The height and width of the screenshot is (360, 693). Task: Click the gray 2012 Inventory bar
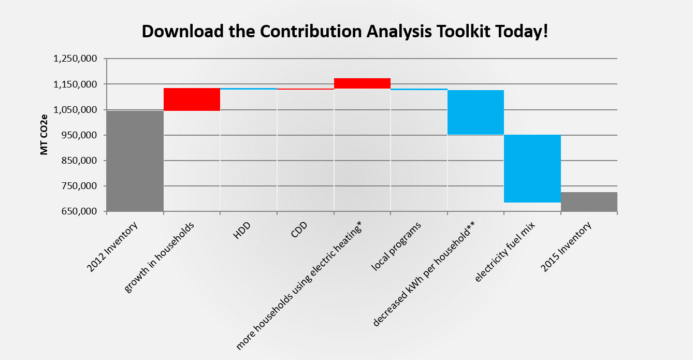[x=135, y=161]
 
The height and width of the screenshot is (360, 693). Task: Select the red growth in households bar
[x=192, y=99]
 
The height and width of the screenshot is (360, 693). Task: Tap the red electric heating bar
[x=362, y=83]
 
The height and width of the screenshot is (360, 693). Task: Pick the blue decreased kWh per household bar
[x=475, y=112]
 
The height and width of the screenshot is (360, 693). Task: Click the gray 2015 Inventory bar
[x=589, y=201]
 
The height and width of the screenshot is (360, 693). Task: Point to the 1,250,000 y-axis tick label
[x=75, y=59]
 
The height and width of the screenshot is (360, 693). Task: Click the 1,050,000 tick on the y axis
[x=75, y=110]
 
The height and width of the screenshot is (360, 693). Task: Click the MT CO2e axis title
[x=45, y=135]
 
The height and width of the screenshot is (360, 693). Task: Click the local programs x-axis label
[x=397, y=246]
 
